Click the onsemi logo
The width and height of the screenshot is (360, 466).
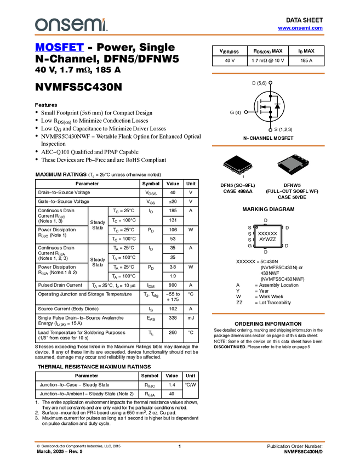[71, 25]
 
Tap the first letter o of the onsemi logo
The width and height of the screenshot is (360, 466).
[39, 25]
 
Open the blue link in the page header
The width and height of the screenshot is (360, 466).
[300, 28]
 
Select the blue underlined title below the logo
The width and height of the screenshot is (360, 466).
[59, 48]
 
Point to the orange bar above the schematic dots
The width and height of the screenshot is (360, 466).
[268, 73]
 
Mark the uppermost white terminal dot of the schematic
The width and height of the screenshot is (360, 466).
[271, 83]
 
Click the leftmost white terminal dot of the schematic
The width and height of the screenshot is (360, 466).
[245, 112]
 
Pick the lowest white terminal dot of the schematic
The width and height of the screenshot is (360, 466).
[271, 130]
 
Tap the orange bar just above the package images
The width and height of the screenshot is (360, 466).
[268, 146]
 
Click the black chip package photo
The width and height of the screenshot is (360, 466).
[293, 164]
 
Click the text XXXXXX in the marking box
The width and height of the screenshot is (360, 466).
[267, 234]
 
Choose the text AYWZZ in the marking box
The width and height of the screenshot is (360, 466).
[267, 240]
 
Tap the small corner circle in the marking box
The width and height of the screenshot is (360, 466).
[257, 227]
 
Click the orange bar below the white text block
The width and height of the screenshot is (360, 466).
[268, 314]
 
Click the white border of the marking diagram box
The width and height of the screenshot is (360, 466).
[255, 236]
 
